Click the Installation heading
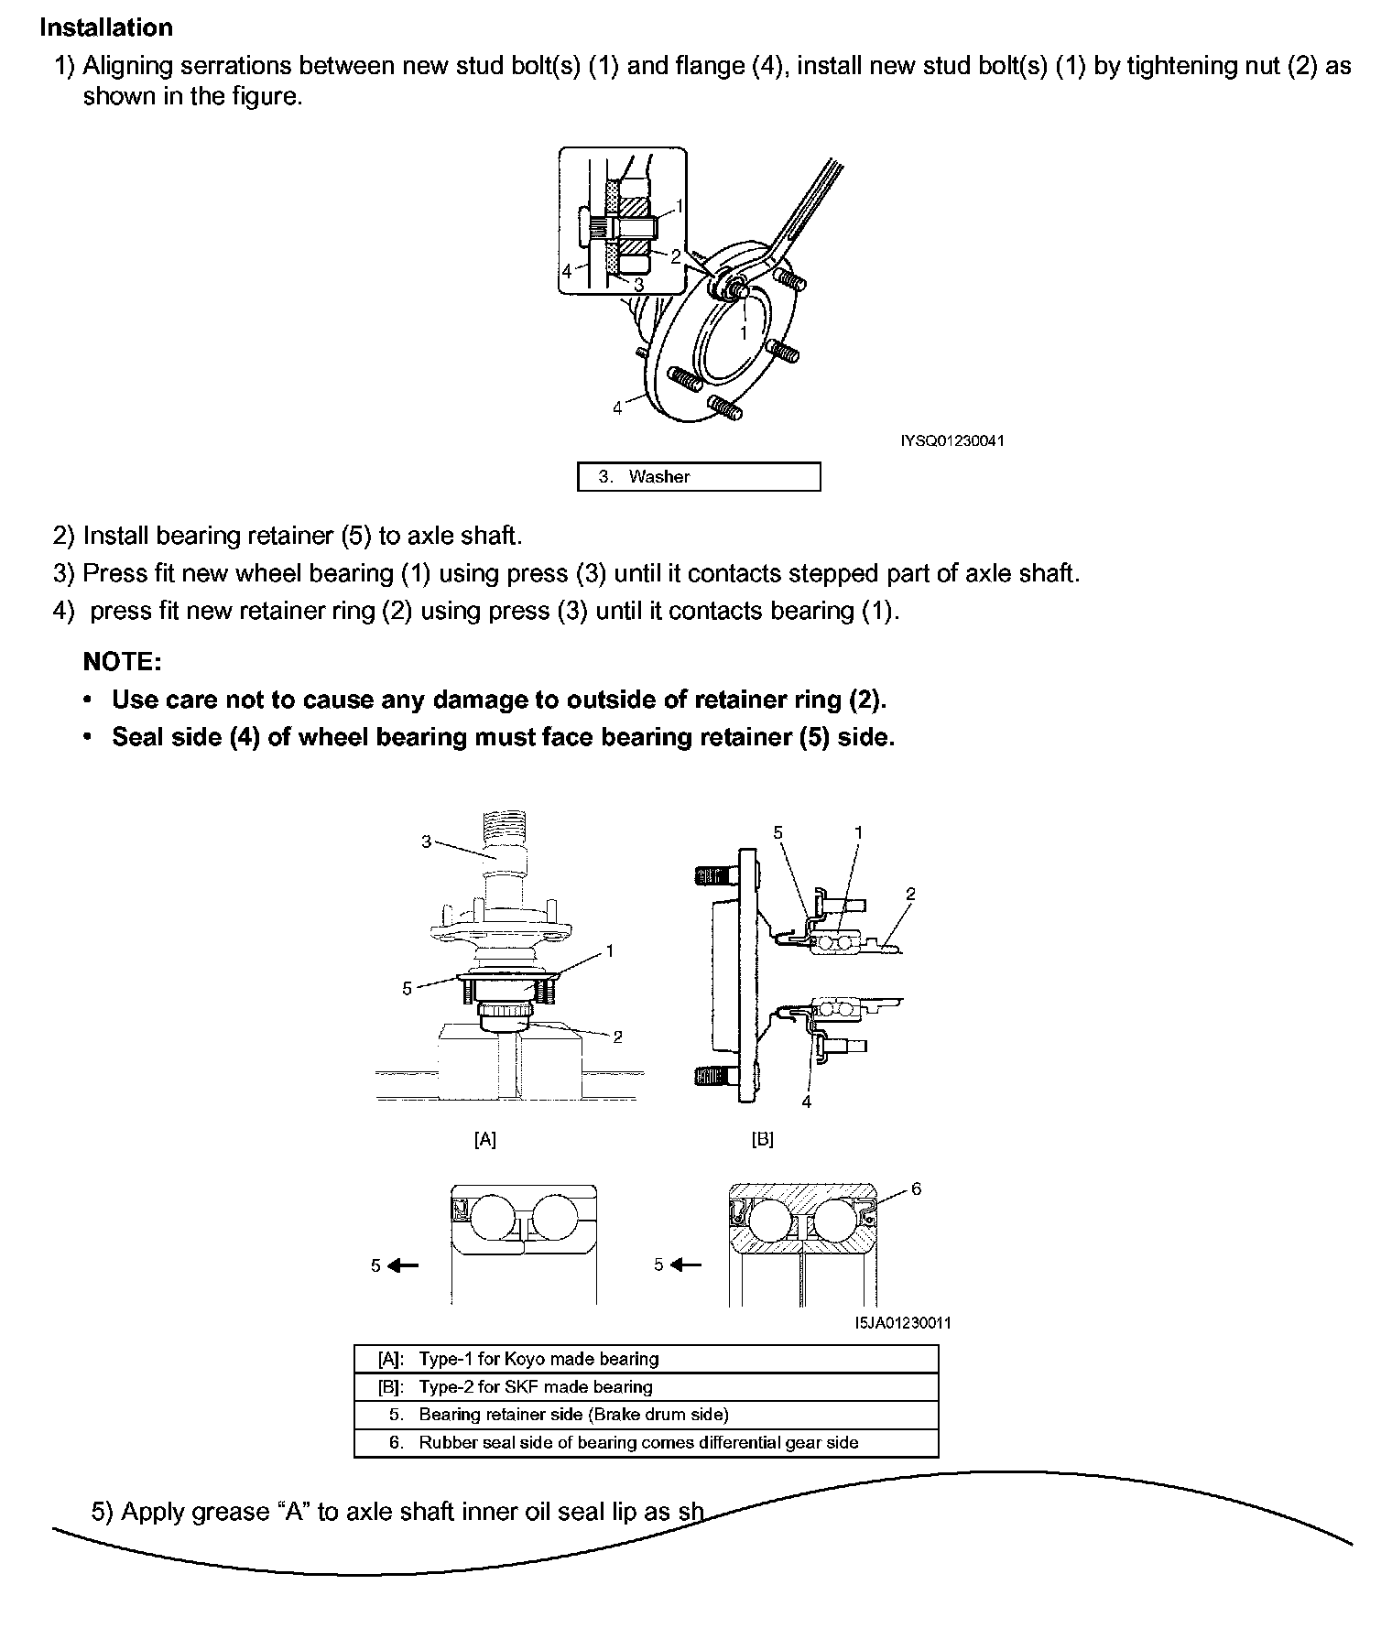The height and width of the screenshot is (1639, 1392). [106, 27]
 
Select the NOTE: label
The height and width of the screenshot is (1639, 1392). [122, 661]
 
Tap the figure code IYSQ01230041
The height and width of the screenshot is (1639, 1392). [952, 441]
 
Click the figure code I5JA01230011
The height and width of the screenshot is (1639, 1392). [902, 1323]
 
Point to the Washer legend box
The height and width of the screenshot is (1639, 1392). [698, 477]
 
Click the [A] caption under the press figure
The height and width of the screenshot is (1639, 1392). [484, 1139]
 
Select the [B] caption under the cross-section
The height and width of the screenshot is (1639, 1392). [762, 1139]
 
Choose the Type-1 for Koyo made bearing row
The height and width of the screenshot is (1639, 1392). [646, 1359]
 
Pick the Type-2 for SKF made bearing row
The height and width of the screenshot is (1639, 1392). [646, 1387]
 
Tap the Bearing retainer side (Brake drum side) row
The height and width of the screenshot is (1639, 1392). [646, 1415]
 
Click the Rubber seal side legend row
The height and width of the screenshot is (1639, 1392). [646, 1443]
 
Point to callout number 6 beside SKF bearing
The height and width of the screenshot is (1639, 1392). [916, 1189]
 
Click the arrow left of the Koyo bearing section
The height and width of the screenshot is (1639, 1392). [402, 1265]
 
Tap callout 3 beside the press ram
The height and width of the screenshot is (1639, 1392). [426, 841]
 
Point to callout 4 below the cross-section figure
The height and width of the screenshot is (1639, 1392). [806, 1102]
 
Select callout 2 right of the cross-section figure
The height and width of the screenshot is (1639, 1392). [909, 894]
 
